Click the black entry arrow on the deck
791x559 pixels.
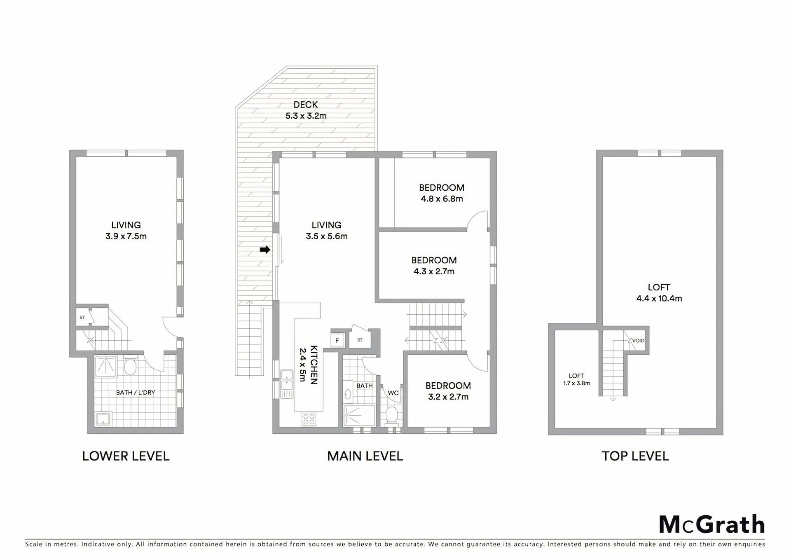click(x=265, y=250)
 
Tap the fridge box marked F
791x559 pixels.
click(x=337, y=340)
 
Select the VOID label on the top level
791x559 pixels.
click(x=638, y=341)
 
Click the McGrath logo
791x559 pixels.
click(x=711, y=525)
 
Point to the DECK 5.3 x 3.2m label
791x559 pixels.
click(x=306, y=110)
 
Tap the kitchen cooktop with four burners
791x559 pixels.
click(x=309, y=419)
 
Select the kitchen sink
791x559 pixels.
click(x=287, y=384)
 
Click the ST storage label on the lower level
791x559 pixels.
click(x=82, y=318)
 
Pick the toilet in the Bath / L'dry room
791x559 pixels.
click(x=130, y=366)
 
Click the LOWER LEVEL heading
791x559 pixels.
click(x=126, y=456)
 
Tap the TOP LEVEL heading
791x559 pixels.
click(x=635, y=456)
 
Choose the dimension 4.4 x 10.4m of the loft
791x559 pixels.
click(x=659, y=299)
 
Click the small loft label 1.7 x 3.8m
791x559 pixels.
click(x=577, y=384)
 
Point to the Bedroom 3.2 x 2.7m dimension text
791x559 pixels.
click(x=448, y=397)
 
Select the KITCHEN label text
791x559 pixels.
click(x=314, y=365)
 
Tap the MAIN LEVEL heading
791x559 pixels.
click(x=365, y=456)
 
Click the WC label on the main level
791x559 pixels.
click(x=393, y=393)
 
